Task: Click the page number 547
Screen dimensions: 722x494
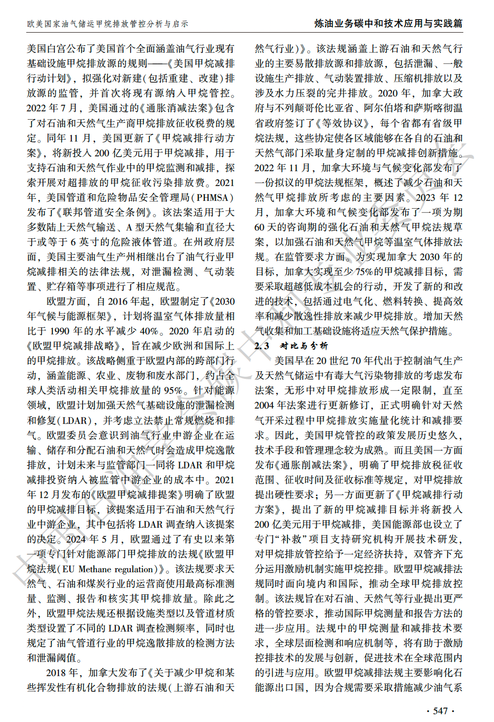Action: coord(440,711)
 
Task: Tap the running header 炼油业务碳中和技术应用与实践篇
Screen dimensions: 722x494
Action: coord(389,23)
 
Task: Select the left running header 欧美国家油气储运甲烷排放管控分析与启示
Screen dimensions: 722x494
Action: coord(107,24)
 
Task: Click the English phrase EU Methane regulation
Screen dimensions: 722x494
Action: coord(114,569)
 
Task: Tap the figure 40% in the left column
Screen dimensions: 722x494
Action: coord(149,331)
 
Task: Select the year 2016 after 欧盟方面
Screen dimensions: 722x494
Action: coord(127,302)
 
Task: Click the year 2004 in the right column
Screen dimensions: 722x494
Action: coord(264,406)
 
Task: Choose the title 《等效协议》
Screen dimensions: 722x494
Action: coord(346,123)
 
